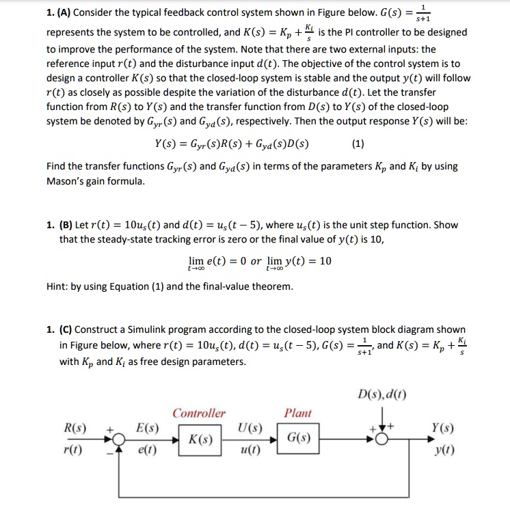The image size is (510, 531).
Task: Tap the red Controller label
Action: coord(199,413)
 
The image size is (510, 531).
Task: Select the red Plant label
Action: coord(297,413)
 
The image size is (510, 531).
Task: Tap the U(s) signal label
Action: coord(247,429)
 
